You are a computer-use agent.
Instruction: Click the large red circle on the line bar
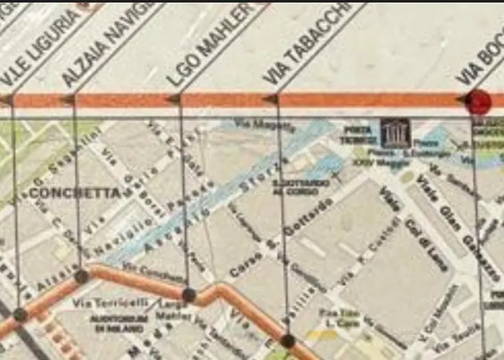(477, 102)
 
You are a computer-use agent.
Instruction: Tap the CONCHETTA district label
(76, 193)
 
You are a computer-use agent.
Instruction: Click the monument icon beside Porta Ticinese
(395, 132)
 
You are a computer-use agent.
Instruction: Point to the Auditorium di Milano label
(119, 323)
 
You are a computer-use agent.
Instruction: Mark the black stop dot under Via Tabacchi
(287, 341)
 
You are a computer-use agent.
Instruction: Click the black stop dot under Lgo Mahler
(189, 294)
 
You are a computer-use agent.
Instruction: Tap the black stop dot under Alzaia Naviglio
(81, 276)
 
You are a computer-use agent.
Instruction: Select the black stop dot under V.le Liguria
(20, 315)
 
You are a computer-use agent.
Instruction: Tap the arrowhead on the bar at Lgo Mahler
(174, 99)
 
